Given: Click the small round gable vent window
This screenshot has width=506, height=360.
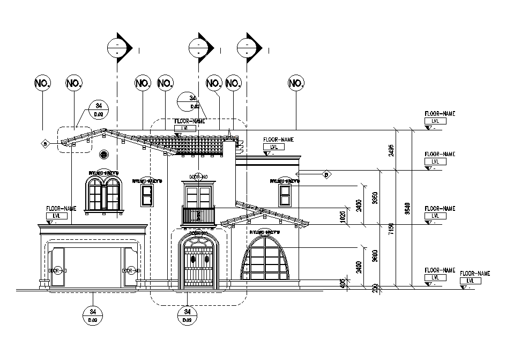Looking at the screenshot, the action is pyautogui.click(x=104, y=155).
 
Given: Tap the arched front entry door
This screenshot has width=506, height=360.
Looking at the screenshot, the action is pyautogui.click(x=199, y=261).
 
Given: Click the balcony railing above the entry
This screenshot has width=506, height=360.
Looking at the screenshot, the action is pyautogui.click(x=199, y=215).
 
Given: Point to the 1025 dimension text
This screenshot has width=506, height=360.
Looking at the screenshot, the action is pyautogui.click(x=343, y=216).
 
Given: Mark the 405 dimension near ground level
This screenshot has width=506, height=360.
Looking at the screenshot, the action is pyautogui.click(x=343, y=283).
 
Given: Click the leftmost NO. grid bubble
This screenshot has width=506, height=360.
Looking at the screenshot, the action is pyautogui.click(x=42, y=83).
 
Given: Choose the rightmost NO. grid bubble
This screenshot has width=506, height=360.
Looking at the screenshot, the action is pyautogui.click(x=296, y=83).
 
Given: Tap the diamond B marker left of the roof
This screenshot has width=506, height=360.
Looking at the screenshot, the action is pyautogui.click(x=45, y=143).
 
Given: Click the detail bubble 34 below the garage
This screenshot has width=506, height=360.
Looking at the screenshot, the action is pyautogui.click(x=93, y=314).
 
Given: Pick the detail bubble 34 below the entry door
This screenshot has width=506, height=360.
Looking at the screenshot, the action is pyautogui.click(x=187, y=314).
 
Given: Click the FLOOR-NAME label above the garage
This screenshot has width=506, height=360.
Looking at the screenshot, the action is pyautogui.click(x=62, y=208).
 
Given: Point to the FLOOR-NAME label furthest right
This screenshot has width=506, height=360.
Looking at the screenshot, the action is pyautogui.click(x=475, y=274).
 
